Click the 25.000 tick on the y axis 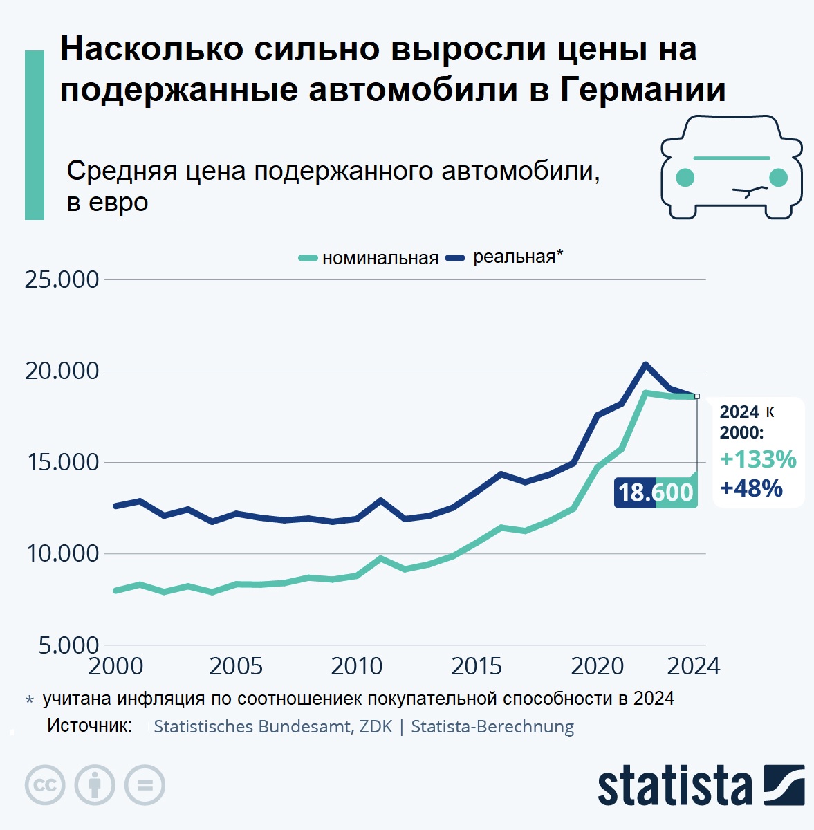click(x=62, y=279)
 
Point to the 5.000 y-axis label click(x=68, y=645)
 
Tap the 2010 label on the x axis click(x=356, y=666)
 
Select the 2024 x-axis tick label click(x=694, y=666)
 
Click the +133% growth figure click(x=758, y=459)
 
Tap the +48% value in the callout click(x=751, y=488)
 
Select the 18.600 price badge click(x=655, y=492)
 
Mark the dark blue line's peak click(x=645, y=365)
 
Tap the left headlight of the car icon click(x=685, y=177)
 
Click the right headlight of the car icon click(x=778, y=177)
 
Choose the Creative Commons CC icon click(x=45, y=785)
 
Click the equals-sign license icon click(x=145, y=785)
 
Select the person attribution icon click(x=95, y=785)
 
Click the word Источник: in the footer click(x=89, y=726)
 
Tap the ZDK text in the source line click(x=376, y=727)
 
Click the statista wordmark click(x=675, y=786)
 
